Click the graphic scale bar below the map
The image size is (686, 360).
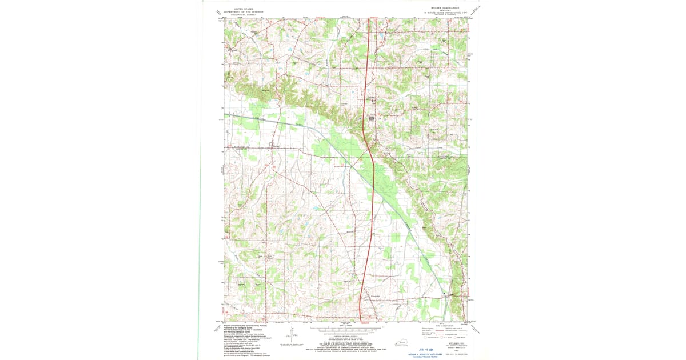tap(343, 330)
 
